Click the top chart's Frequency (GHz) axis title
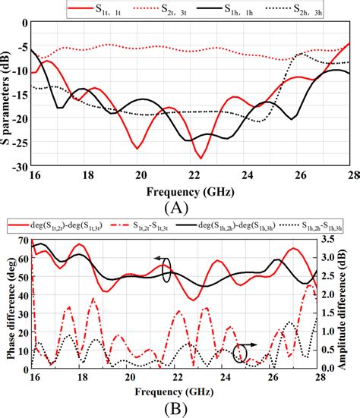point(182,190)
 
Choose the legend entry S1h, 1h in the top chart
point(238,9)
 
